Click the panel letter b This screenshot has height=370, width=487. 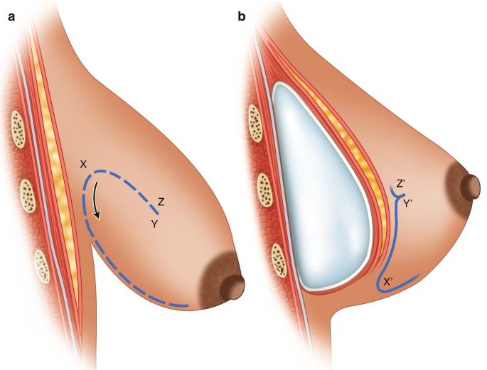pos(242,16)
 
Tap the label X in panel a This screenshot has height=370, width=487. pos(84,164)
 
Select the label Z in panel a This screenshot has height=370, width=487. pos(162,202)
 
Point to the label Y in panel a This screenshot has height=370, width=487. pos(153,223)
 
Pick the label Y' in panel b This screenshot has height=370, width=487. pos(409,204)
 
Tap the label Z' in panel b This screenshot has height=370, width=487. pos(401,184)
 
